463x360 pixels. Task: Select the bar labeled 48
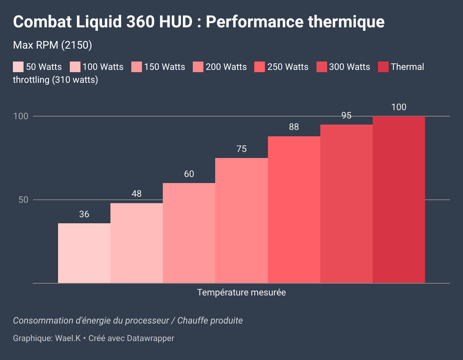(136, 243)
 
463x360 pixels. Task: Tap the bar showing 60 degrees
(189, 233)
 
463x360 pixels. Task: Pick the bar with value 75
(241, 220)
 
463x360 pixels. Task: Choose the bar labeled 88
(294, 210)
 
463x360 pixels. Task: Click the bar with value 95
(346, 204)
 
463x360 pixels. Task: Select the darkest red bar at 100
(398, 199)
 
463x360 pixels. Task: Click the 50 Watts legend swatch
(18, 67)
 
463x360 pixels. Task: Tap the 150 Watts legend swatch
(137, 67)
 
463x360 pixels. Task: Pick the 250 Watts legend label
(288, 67)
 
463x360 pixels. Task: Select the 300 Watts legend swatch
(321, 67)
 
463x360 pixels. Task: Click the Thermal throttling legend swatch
(383, 67)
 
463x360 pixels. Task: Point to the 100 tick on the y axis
(21, 116)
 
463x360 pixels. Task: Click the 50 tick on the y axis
(24, 200)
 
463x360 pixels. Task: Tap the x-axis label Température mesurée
(241, 292)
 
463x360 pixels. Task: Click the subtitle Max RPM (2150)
(53, 45)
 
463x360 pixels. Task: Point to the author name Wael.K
(68, 338)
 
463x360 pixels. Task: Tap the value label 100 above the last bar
(398, 107)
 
